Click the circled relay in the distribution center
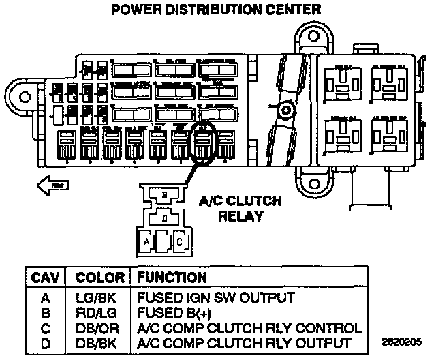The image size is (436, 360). point(203,144)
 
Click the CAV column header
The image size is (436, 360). point(45,278)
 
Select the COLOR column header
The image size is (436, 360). point(99,278)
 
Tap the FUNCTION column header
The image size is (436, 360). point(172,278)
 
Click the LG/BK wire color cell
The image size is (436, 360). point(99,298)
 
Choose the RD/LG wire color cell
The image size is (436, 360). point(99,312)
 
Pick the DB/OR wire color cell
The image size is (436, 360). point(99,327)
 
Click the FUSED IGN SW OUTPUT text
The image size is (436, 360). point(216,298)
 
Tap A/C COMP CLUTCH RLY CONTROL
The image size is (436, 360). point(249,327)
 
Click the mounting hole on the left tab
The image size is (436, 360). point(24,95)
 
